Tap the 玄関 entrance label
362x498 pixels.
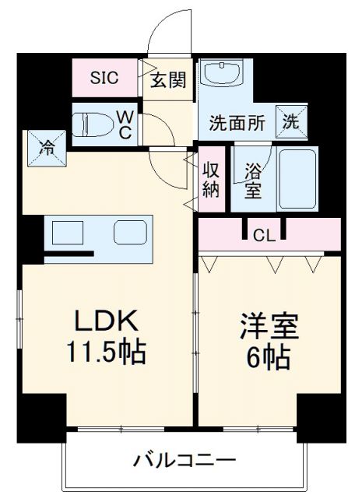(x=167, y=79)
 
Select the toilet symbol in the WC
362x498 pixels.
(x=92, y=124)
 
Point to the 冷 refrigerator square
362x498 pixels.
(x=48, y=146)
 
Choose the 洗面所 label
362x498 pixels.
(x=237, y=122)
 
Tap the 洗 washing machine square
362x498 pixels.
(x=290, y=121)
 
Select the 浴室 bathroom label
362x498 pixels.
(x=251, y=180)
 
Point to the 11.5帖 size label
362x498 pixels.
(x=106, y=354)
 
